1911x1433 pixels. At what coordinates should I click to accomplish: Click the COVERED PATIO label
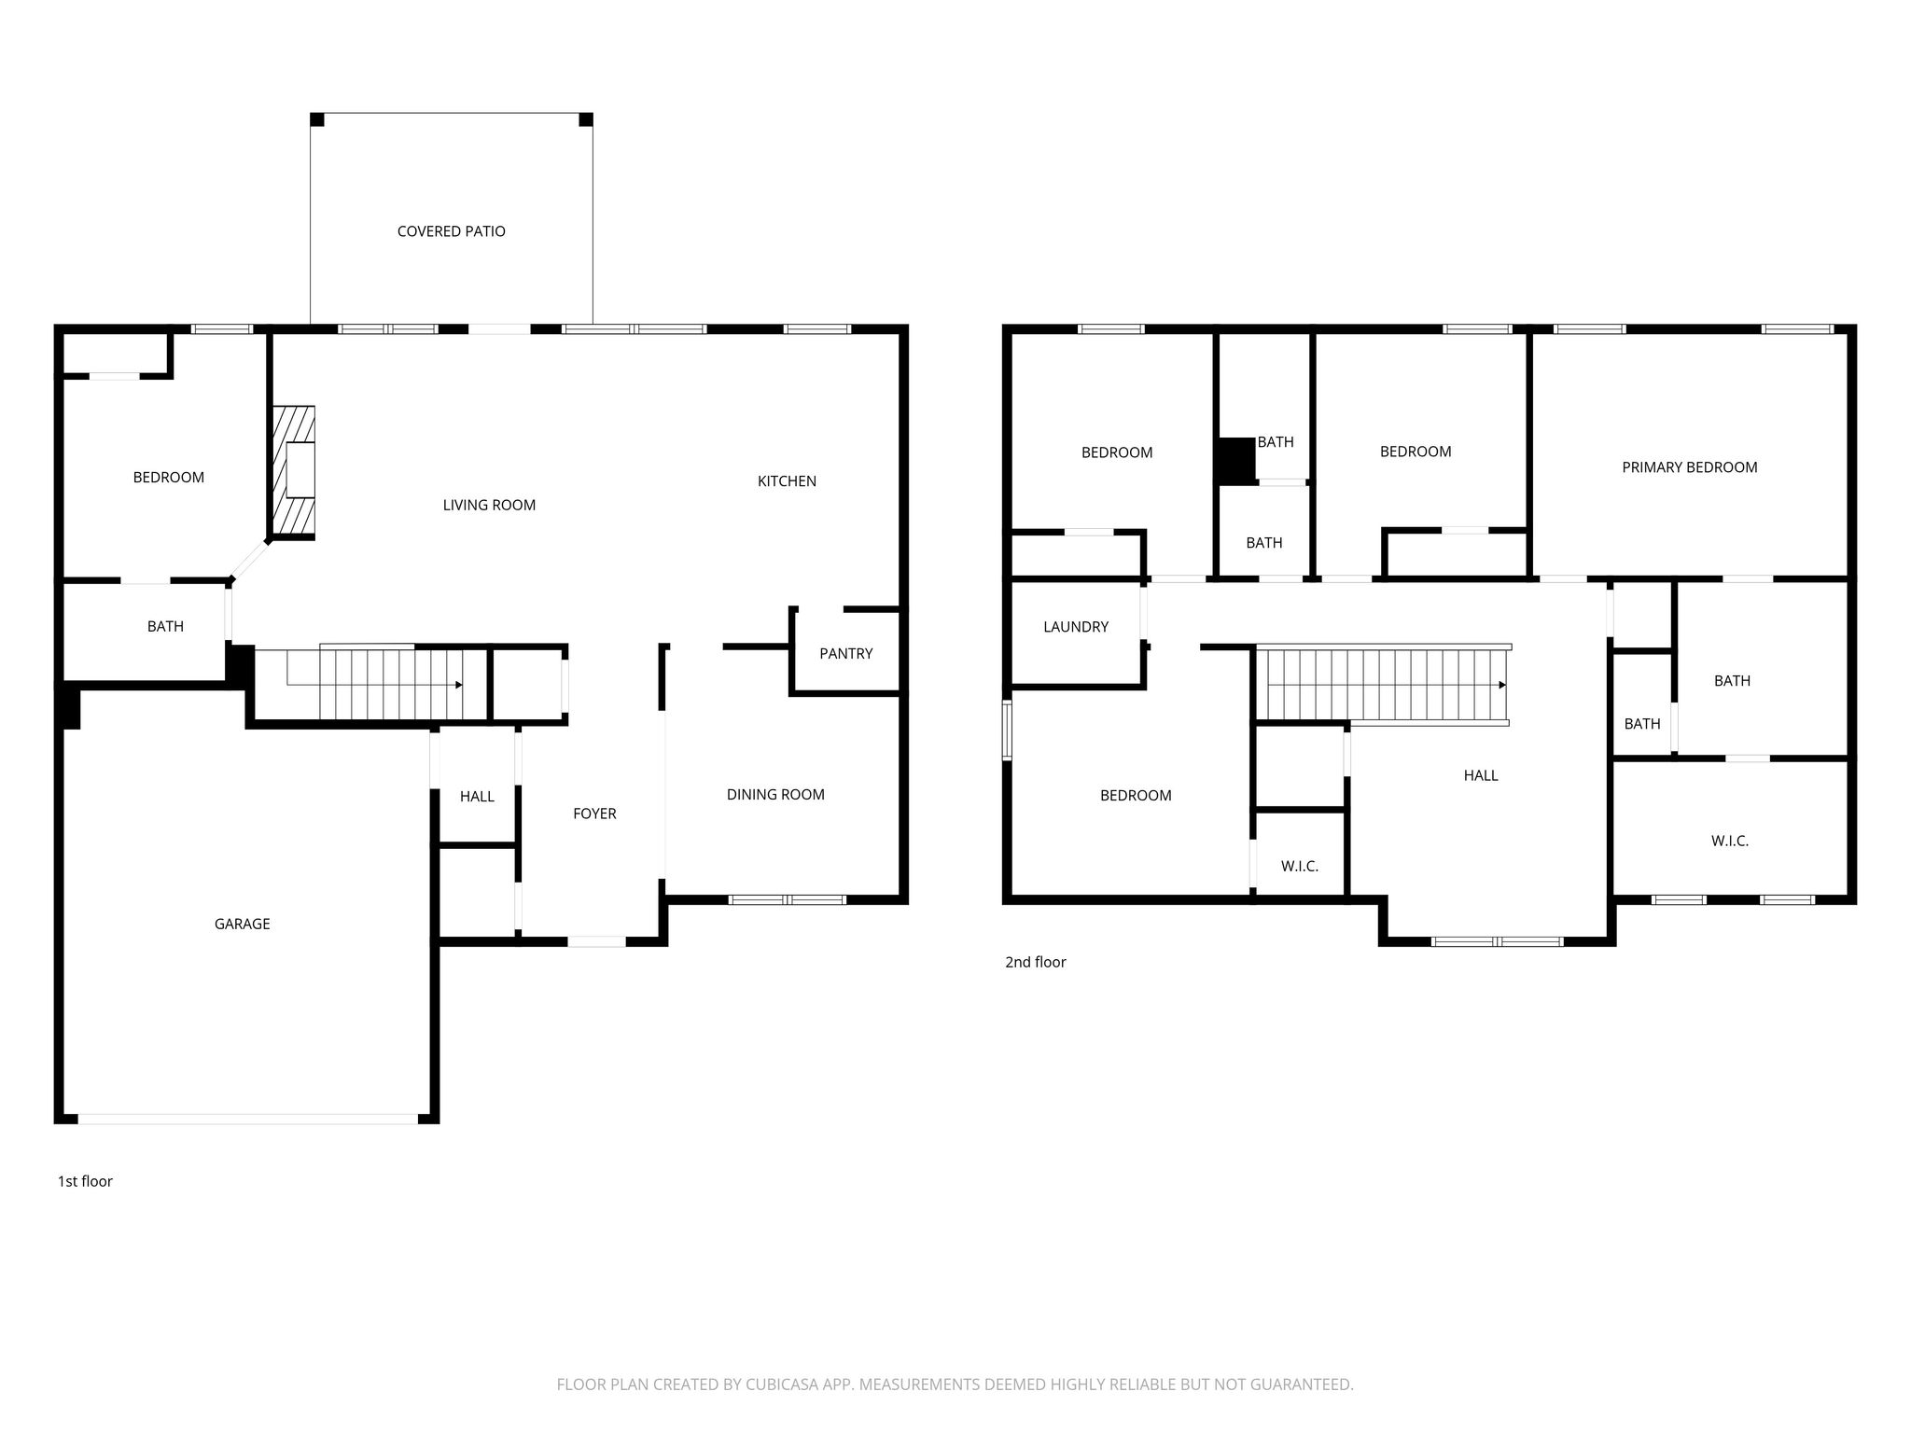[x=452, y=231]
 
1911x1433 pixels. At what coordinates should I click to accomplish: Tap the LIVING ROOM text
[x=489, y=505]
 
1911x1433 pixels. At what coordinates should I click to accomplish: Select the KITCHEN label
[x=787, y=481]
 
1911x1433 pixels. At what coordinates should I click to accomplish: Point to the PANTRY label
[x=846, y=653]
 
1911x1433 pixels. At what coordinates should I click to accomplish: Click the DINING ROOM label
[x=775, y=795]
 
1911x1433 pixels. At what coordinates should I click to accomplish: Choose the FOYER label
[x=594, y=814]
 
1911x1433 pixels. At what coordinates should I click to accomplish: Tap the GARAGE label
[x=242, y=924]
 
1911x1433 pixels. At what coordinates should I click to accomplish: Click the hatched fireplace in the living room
[x=293, y=472]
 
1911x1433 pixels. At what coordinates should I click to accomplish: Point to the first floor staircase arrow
[x=458, y=685]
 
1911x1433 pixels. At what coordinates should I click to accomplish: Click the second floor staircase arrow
[x=1502, y=685]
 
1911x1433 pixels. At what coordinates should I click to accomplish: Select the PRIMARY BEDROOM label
[x=1690, y=467]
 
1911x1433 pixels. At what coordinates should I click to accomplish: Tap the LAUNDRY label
[x=1076, y=627]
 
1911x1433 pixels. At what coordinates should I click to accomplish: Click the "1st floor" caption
[x=85, y=1181]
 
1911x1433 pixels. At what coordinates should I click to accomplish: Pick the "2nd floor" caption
[x=1035, y=962]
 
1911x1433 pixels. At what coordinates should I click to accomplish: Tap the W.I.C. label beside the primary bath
[x=1730, y=841]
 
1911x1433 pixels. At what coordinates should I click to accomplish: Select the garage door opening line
[x=248, y=1117]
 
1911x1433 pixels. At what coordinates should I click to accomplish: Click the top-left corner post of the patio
[x=317, y=119]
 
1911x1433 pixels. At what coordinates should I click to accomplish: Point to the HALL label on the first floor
[x=477, y=797]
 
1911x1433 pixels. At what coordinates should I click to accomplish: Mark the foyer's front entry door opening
[x=597, y=941]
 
